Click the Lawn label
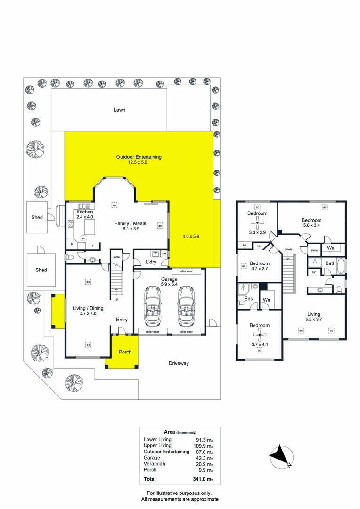tap(119, 110)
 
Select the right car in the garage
tap(187, 306)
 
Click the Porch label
tap(125, 352)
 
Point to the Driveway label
tap(179, 363)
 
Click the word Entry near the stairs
tap(122, 320)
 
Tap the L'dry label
tap(151, 262)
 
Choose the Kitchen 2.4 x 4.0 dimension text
tap(85, 217)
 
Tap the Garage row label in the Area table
tap(152, 458)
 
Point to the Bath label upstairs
tap(330, 263)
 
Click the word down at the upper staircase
tap(287, 249)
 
